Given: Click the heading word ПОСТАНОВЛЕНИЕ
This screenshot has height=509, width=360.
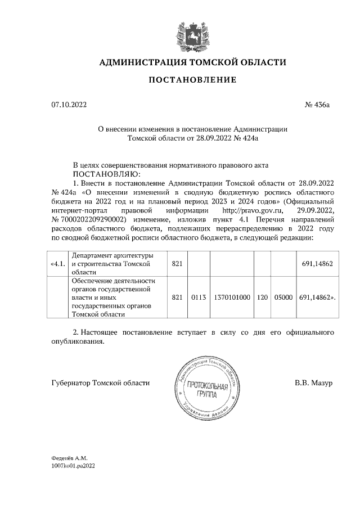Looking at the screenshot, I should tap(192, 80).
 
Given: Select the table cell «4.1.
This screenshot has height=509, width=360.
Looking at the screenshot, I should tap(58, 264).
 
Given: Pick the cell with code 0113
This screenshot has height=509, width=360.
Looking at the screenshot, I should tap(196, 297).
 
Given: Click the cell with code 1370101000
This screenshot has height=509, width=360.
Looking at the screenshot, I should tap(232, 297).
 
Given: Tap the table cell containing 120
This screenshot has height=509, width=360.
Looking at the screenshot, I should tap(262, 297).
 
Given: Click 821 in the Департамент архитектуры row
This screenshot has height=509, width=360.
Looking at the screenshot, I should tap(177, 264).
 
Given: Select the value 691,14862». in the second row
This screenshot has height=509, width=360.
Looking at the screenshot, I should tap(317, 297).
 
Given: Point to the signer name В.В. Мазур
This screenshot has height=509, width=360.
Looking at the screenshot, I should tap(314, 383).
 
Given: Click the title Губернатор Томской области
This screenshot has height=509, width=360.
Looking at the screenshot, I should tap(100, 383).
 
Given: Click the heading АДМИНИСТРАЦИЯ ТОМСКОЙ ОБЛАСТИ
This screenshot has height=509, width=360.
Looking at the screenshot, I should tap(192, 62).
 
